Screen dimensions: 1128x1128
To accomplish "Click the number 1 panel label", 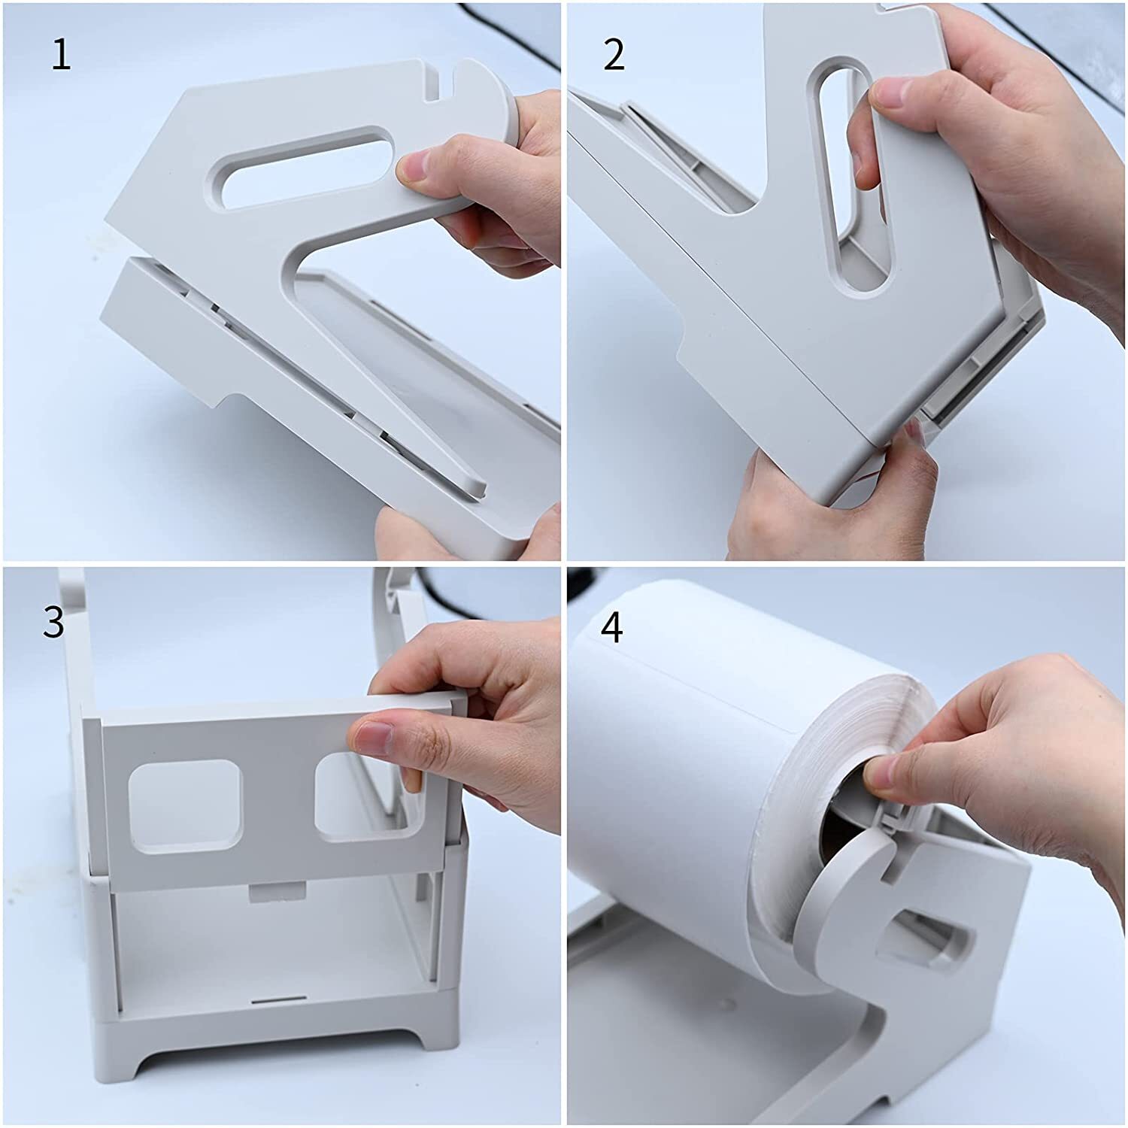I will [x=61, y=56].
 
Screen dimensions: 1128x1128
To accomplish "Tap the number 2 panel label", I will [x=614, y=56].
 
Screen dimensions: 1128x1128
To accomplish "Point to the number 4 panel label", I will [x=612, y=627].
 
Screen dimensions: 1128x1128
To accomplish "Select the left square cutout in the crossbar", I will [x=185, y=807].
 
